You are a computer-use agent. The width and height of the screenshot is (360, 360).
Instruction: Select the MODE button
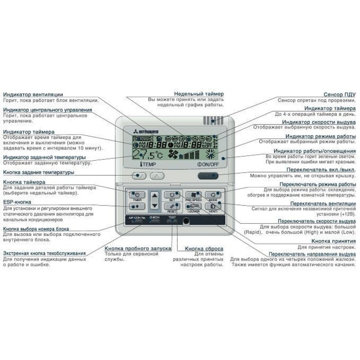click(212, 195)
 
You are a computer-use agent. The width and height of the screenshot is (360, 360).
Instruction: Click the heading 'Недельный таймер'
click(198, 93)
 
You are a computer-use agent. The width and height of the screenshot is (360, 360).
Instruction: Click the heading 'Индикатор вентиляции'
click(33, 94)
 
